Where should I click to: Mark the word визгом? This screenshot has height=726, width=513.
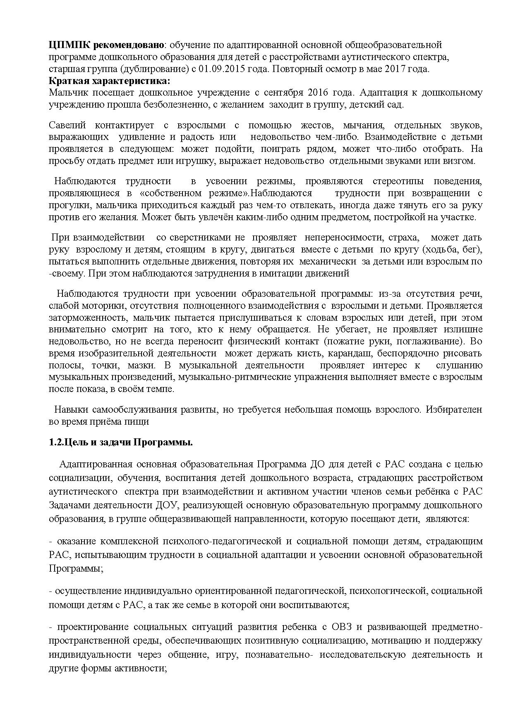click(459, 161)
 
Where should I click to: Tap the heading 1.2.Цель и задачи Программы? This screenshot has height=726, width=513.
click(121, 442)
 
